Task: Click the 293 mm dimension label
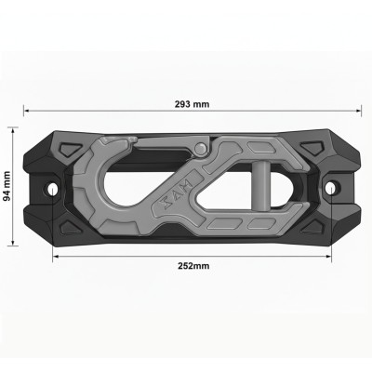point(192,102)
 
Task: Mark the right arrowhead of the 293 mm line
point(359,111)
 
